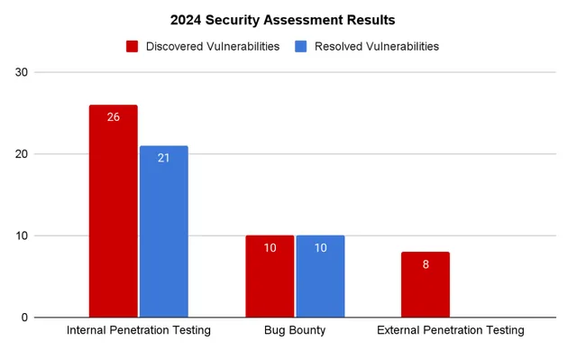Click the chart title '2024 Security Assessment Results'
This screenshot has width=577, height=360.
282,19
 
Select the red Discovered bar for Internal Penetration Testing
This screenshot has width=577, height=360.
113,217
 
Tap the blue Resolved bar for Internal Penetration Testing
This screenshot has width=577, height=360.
163,235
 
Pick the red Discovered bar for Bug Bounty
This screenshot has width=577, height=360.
270,280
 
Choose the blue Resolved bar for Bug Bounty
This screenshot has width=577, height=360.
320,280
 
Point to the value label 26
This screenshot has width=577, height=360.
113,117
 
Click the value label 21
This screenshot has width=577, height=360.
163,158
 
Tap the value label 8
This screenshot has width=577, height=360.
425,264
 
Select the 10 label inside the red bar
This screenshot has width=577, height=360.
270,248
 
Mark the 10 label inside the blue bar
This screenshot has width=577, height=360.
320,248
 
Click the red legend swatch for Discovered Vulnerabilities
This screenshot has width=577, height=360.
132,46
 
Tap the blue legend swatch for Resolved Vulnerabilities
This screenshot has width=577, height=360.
301,46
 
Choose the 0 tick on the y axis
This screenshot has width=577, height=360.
23,318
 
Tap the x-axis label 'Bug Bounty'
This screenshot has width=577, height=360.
295,330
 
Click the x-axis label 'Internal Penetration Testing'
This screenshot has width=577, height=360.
138,330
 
